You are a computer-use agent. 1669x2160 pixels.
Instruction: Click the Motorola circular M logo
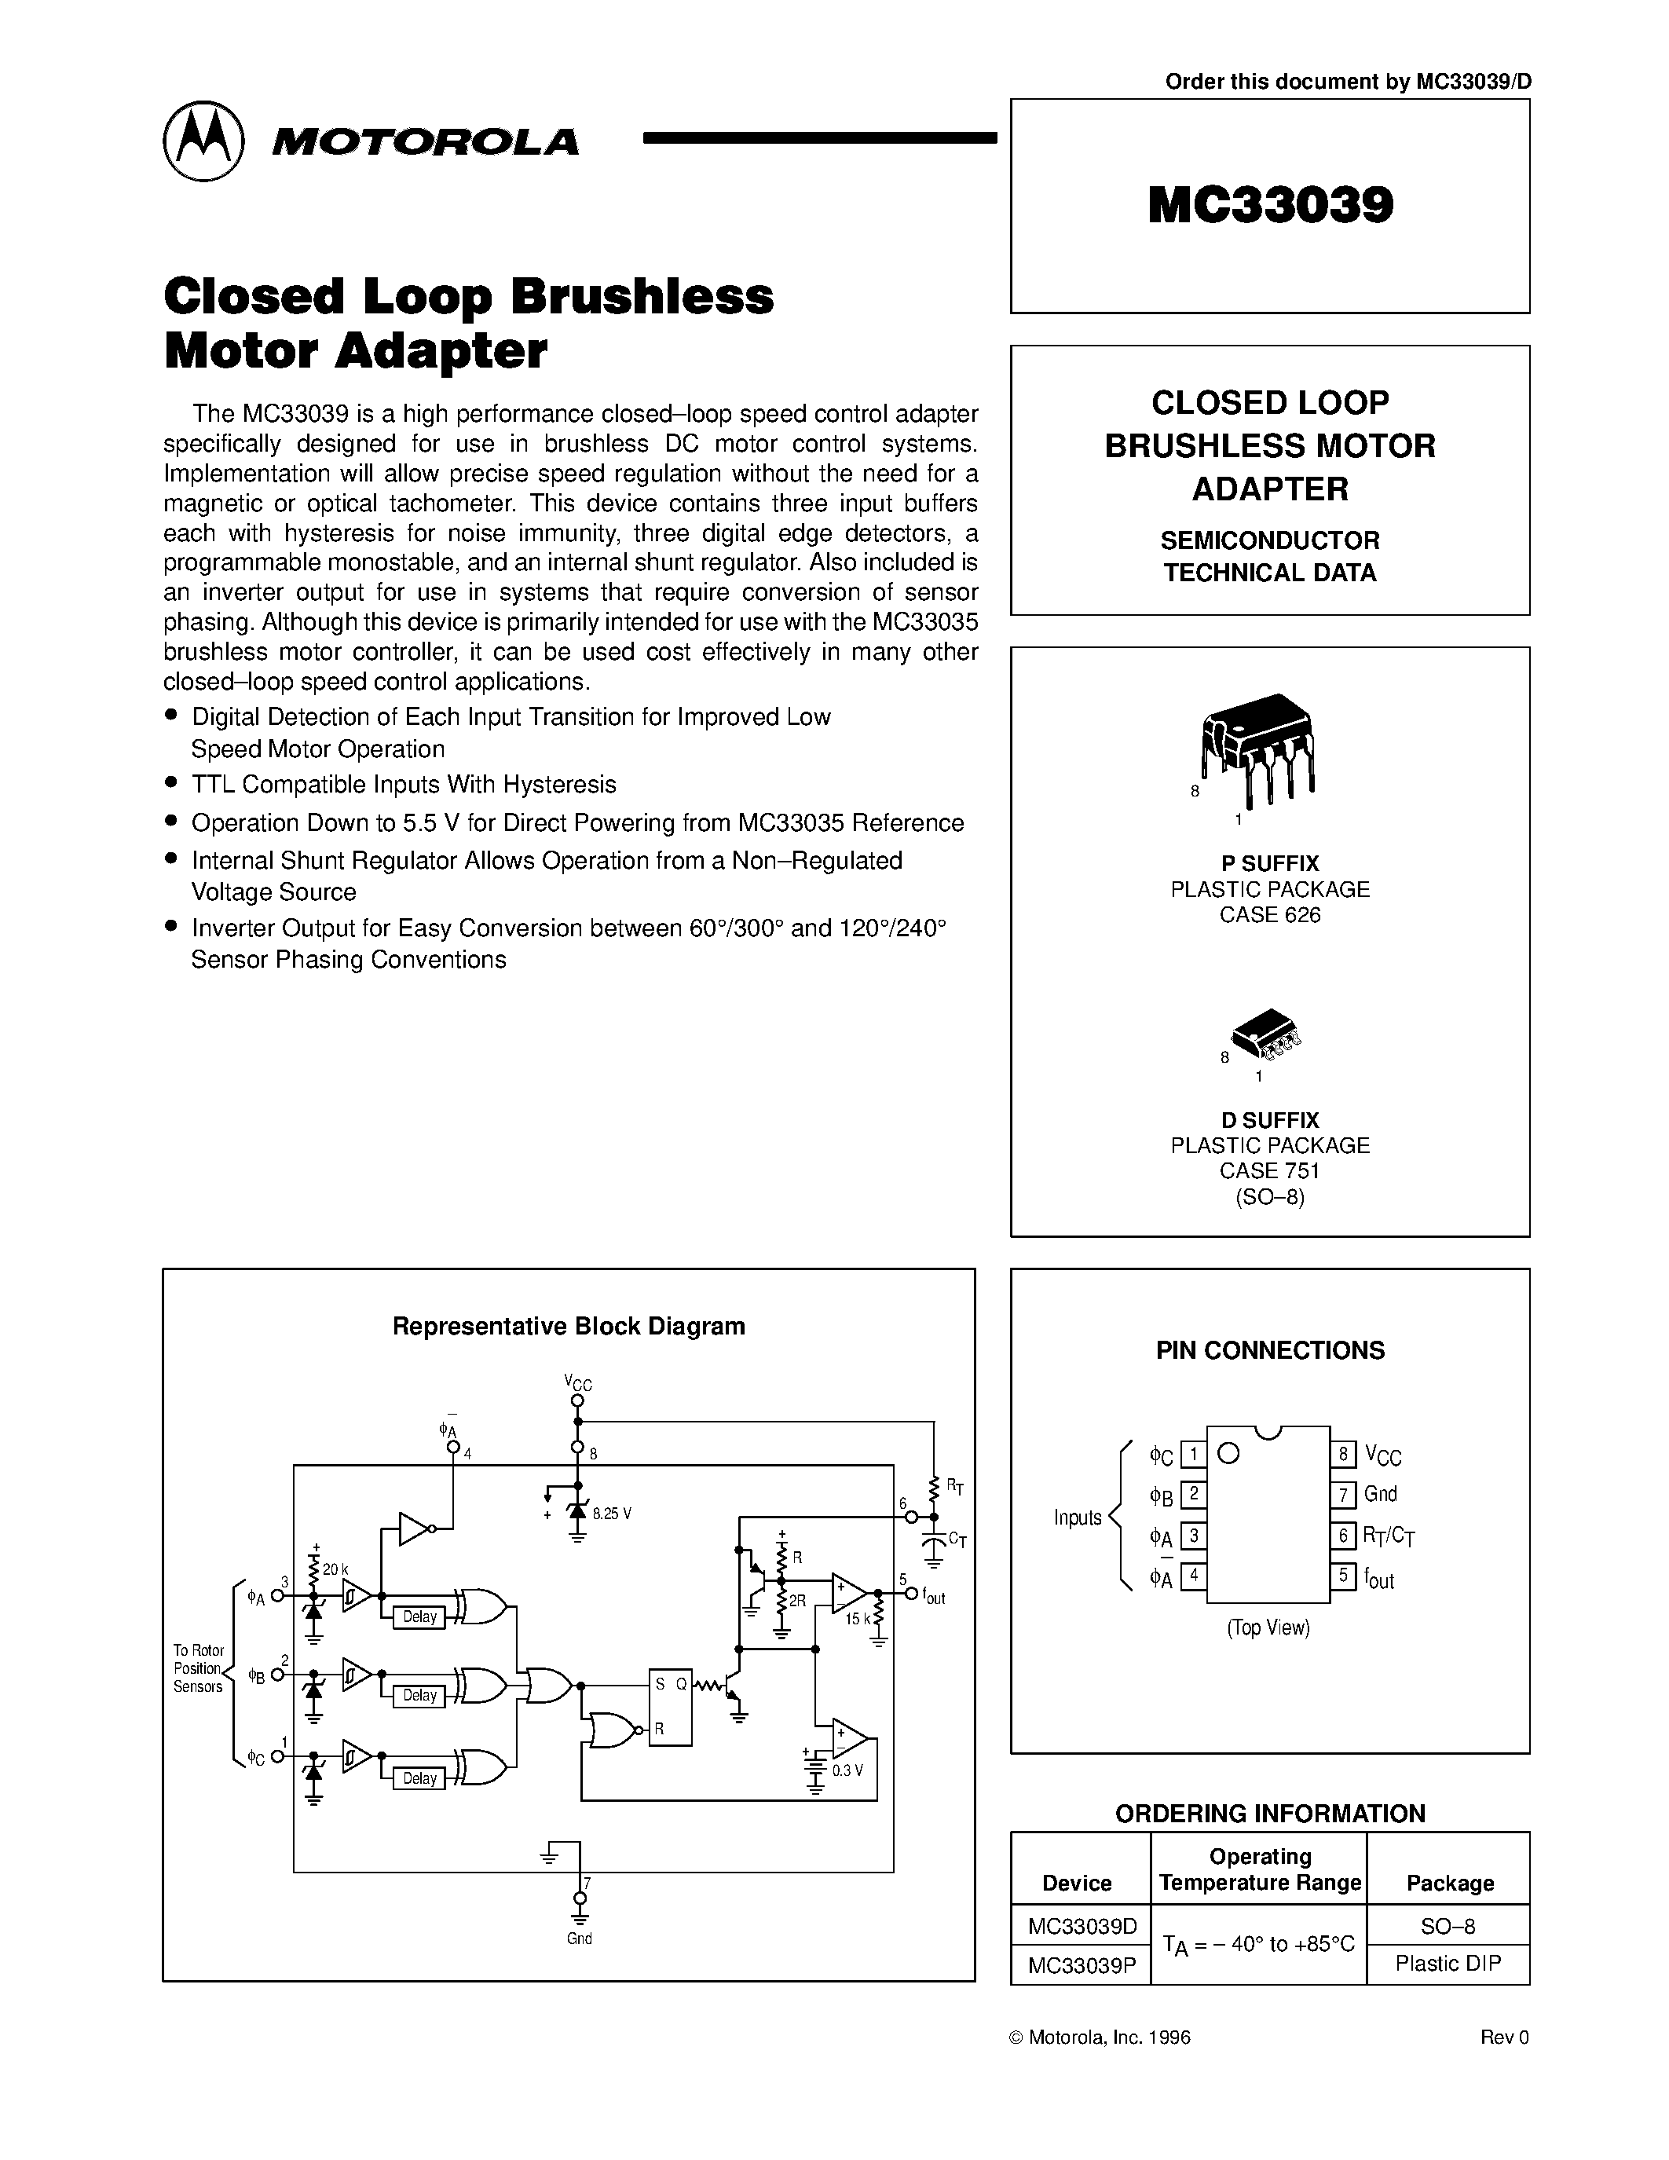pos(203,141)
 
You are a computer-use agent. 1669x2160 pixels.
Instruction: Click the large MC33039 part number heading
pos(1271,206)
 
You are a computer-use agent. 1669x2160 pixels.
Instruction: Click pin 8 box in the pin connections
pos(1341,1454)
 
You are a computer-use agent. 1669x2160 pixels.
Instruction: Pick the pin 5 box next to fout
pos(1341,1576)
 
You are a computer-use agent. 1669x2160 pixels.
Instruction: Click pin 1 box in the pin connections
pos(1193,1454)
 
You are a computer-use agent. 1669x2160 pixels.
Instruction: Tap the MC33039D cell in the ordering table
pos(1082,1926)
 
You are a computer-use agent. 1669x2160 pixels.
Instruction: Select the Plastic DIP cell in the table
pos(1448,1963)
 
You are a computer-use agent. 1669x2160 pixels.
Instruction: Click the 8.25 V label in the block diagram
pos(612,1514)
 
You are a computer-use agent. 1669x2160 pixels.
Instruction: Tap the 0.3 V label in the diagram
pos(847,1770)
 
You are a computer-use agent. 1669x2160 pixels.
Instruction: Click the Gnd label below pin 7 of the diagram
pos(580,1939)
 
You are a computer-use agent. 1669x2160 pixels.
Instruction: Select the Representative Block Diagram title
pos(569,1327)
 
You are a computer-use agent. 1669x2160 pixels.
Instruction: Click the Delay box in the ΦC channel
pos(419,1778)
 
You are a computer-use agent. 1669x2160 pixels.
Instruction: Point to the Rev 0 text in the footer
pos(1504,2037)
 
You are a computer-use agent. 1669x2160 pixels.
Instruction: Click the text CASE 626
pos(1269,915)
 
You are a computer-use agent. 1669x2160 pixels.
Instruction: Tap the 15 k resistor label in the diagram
pos(856,1619)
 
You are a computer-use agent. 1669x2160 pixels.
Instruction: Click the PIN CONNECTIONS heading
pos(1269,1350)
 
